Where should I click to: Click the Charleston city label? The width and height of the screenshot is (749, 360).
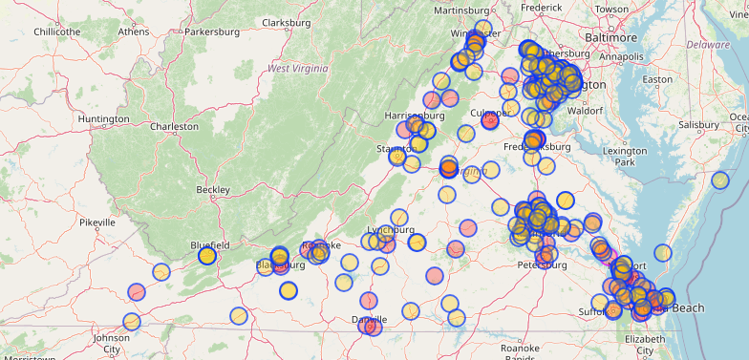tap(174, 126)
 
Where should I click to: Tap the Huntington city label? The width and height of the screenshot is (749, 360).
tap(103, 118)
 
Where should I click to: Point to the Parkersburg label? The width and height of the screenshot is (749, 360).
tap(211, 32)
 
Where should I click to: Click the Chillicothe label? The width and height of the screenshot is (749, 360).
tap(56, 32)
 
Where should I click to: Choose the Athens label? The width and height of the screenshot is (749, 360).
tap(133, 32)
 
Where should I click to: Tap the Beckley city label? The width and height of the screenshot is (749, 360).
tap(212, 189)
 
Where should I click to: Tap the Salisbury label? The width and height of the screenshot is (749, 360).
tap(697, 124)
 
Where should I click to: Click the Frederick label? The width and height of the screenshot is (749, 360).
tap(542, 8)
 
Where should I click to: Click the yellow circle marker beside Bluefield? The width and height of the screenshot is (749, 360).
tap(206, 256)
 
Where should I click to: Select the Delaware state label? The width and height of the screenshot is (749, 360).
tap(708, 44)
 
